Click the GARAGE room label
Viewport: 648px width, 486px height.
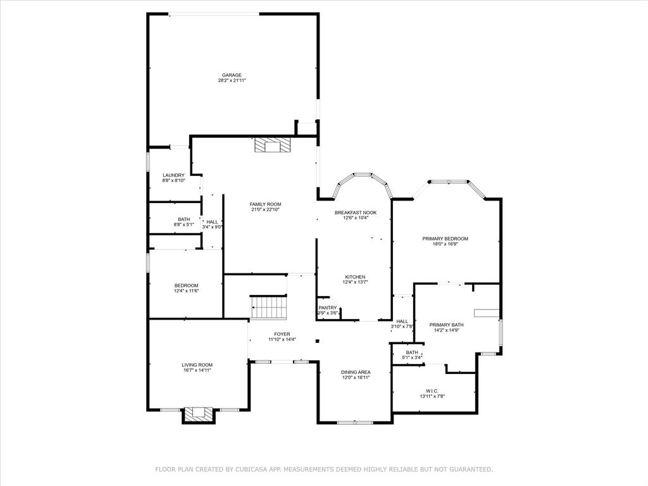coord(232,75)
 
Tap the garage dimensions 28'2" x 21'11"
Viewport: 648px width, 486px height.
coord(232,80)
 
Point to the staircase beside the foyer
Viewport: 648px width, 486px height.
coord(270,308)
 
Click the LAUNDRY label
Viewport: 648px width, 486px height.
coord(173,175)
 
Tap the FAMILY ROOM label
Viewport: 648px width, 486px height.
coord(265,204)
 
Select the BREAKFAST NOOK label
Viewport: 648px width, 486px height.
coord(355,213)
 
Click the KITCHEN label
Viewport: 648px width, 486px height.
coord(355,277)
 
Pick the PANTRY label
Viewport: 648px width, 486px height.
coord(327,308)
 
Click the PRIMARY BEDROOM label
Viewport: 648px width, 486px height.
coord(445,239)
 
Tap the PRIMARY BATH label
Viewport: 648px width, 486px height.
coord(448,325)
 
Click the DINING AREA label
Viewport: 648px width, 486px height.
coord(356,372)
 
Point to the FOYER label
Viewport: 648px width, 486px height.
coord(282,333)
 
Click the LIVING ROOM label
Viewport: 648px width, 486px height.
coord(197,364)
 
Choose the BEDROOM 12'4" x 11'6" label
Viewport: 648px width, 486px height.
coord(186,285)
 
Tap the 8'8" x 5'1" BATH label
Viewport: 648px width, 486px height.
coord(184,219)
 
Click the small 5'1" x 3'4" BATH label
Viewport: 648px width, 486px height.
coord(412,352)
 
